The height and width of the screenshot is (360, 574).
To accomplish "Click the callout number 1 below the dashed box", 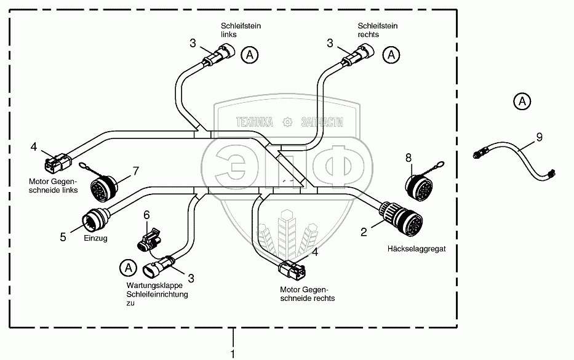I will pos(233,353).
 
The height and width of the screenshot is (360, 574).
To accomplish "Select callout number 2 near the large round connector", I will pos(364,232).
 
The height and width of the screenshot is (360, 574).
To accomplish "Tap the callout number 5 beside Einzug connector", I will pos(63,236).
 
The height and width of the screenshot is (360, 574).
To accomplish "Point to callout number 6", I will pos(146,215).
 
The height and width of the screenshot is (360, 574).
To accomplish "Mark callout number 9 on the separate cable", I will pos(539,137).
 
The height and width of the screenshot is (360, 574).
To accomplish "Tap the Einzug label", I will pos(95,239).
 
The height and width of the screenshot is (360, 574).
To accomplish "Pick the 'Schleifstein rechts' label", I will pos(378,30).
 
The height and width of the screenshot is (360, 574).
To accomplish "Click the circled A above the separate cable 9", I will pos(522,100).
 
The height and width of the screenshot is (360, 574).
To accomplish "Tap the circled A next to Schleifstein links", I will pos(249,55).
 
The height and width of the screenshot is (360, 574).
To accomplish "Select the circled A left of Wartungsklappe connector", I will pos(127,268).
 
